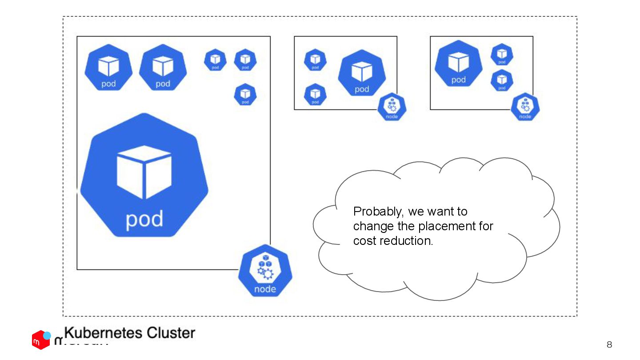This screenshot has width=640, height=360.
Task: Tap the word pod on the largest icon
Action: pyautogui.click(x=144, y=219)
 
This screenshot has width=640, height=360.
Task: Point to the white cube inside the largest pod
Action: pyautogui.click(x=144, y=172)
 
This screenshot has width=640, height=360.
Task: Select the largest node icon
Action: pyautogui.click(x=265, y=271)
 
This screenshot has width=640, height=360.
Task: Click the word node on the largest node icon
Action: pyautogui.click(x=265, y=289)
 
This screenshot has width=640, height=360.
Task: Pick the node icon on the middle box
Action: pyautogui.click(x=392, y=107)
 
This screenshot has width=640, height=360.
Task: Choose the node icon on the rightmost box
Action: pyautogui.click(x=525, y=107)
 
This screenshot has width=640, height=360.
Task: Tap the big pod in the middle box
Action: pyautogui.click(x=362, y=73)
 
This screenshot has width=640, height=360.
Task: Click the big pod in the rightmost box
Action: pyautogui.click(x=458, y=64)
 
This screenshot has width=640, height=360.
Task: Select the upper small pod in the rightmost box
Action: pyautogui.click(x=502, y=55)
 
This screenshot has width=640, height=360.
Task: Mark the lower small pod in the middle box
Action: pyautogui.click(x=315, y=94)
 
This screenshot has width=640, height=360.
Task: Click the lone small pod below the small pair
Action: pyautogui.click(x=245, y=94)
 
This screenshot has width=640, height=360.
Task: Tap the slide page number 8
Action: pyautogui.click(x=609, y=344)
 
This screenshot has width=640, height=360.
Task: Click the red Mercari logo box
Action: pyautogui.click(x=40, y=340)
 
